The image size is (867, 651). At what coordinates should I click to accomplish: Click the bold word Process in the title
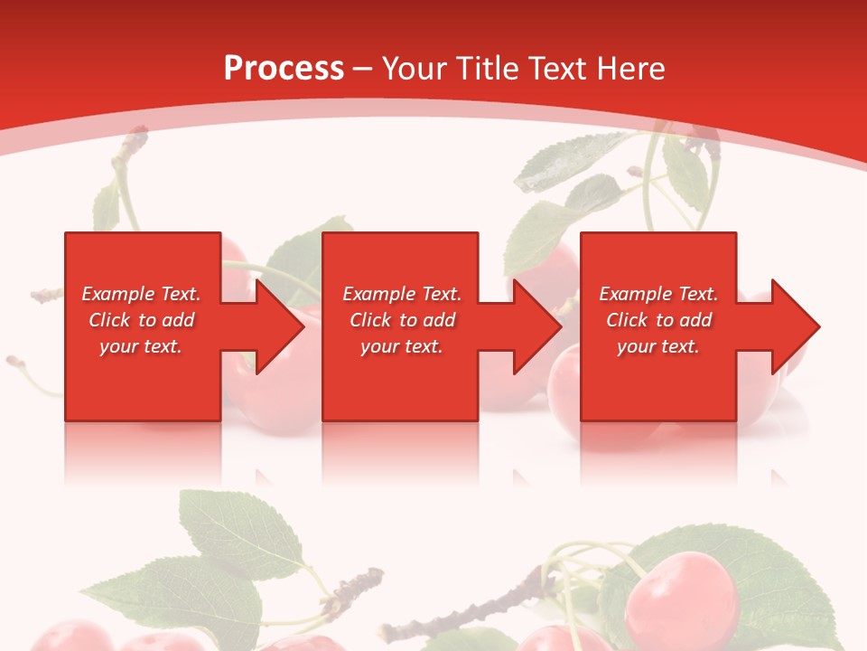[x=284, y=69]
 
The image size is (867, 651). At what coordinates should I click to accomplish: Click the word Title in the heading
[x=484, y=69]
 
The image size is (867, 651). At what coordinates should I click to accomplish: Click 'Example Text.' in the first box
[x=141, y=294]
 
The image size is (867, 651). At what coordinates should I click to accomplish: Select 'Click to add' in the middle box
[x=402, y=320]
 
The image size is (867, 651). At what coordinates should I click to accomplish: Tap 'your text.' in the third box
[x=658, y=346]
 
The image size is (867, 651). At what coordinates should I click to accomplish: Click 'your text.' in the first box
[x=141, y=346]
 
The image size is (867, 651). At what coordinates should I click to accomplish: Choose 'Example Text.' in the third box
[x=658, y=294]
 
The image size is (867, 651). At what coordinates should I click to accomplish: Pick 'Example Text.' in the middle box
[x=402, y=294]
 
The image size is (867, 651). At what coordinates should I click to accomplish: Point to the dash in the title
[x=363, y=69]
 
